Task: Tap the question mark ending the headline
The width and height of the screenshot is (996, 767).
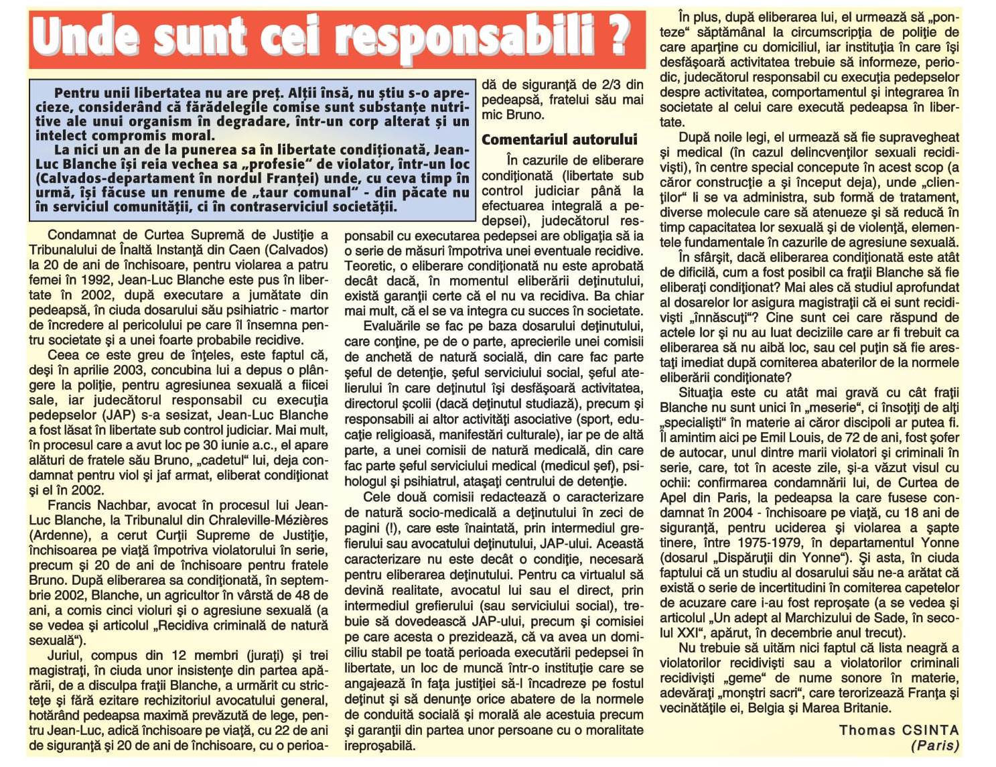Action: pos(618,37)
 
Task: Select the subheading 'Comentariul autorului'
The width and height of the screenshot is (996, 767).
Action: pos(559,139)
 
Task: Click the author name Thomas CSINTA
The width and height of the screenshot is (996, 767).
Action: pos(899,730)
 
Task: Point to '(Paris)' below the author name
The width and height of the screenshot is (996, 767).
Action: pos(935,745)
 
